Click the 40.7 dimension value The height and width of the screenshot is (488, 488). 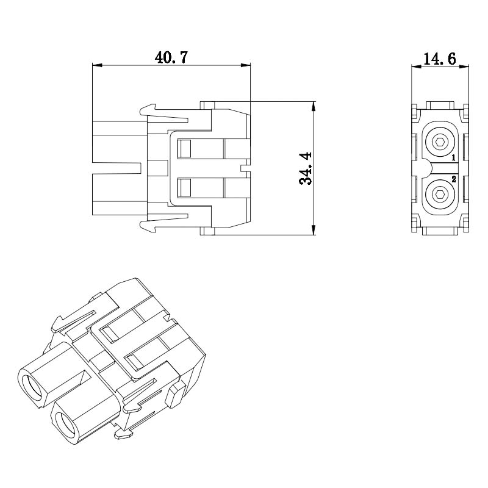(171, 57)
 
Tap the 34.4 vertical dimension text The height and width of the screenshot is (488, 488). (306, 168)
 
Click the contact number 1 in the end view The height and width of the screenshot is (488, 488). (453, 158)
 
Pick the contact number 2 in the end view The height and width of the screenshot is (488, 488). (453, 179)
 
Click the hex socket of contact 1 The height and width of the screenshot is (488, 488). (440, 143)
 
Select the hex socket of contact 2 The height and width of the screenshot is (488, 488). (440, 195)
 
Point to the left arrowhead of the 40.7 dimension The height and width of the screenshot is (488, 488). (97, 65)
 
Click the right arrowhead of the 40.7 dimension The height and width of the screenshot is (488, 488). (246, 65)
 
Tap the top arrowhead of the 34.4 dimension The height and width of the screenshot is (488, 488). (314, 106)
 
